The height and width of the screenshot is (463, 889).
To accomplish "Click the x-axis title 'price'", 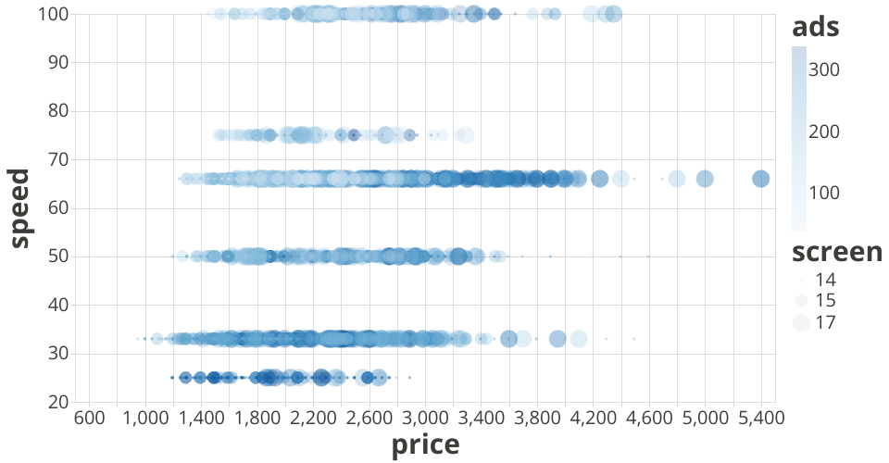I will pos(425,445).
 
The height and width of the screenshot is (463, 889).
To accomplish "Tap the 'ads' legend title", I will pos(815,28).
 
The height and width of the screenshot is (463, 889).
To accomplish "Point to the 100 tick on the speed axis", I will pos(53,14).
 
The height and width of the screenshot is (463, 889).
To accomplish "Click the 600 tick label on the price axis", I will pos(88,419).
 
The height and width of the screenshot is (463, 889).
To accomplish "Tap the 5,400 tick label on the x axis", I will pos(760,419).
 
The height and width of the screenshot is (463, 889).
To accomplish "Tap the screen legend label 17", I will pos(825,323).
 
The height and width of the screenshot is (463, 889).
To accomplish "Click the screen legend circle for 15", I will pos(801,301).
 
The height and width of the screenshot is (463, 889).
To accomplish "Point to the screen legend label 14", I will pos(825,280).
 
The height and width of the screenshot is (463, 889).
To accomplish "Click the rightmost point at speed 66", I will pos(760,179).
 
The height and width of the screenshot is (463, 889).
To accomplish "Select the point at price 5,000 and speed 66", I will pos(705,179).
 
